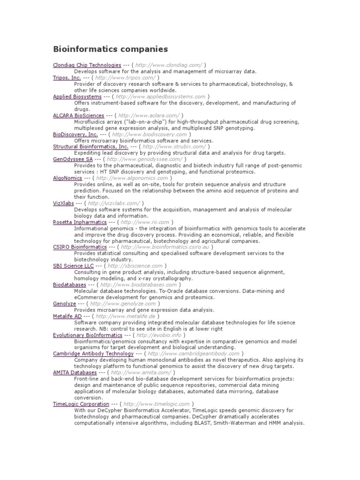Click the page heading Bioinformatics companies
click(110, 49)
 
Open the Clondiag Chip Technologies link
click(87, 65)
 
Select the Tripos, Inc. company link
click(67, 77)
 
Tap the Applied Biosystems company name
click(77, 97)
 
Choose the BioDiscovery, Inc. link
click(75, 134)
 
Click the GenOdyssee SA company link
click(73, 159)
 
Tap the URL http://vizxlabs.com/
click(113, 203)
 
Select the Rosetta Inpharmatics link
click(80, 222)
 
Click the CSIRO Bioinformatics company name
click(80, 247)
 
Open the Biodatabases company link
click(69, 285)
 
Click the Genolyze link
click(64, 304)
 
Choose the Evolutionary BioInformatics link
click(88, 335)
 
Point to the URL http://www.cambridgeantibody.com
click(193, 354)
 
